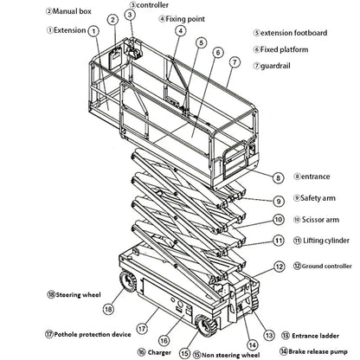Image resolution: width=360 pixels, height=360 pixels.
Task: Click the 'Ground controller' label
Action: click(325, 267)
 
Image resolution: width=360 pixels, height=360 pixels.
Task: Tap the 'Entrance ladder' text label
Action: click(321, 333)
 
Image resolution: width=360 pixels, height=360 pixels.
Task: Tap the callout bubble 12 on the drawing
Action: click(279, 267)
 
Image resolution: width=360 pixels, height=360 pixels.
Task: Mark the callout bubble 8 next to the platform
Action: click(277, 177)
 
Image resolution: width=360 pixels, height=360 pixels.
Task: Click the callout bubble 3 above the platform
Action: click(129, 15)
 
